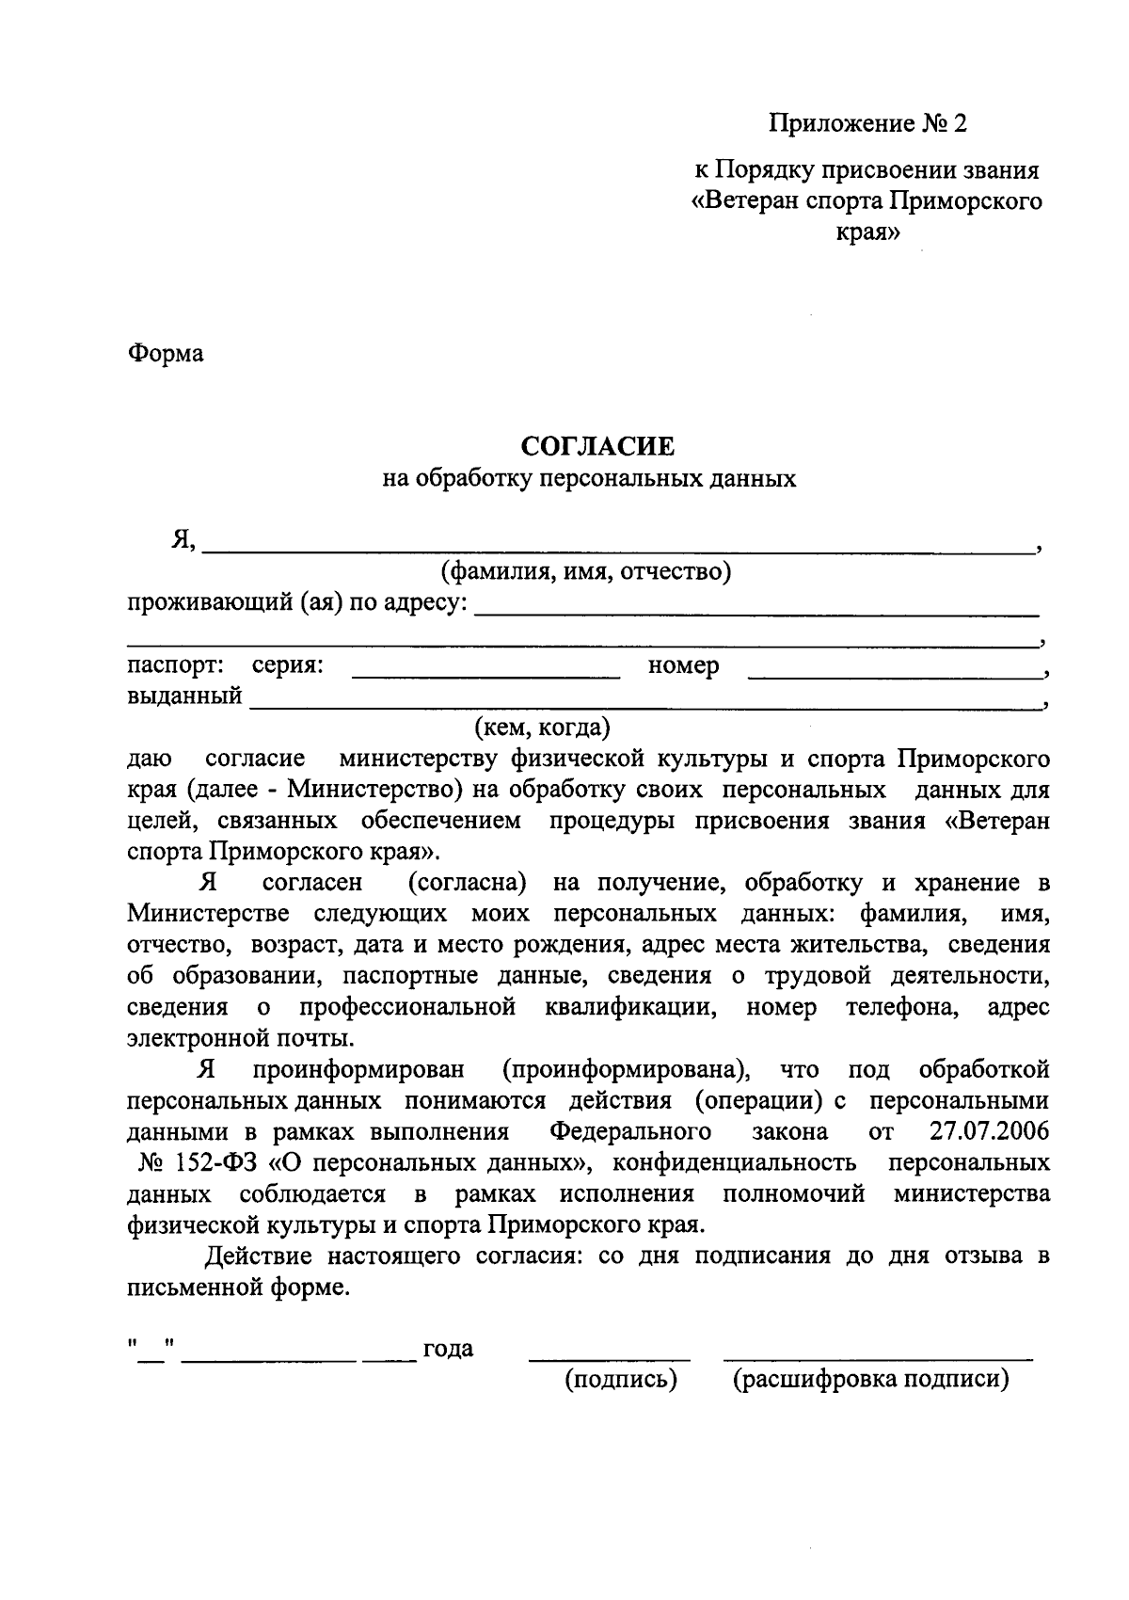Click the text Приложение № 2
point(867,123)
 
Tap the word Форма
point(166,354)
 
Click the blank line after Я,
point(616,547)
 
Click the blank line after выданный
point(644,705)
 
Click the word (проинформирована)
point(627,1070)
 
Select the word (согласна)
point(467,883)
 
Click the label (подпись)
point(621,1381)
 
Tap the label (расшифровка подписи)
point(870,1381)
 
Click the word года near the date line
point(448,1350)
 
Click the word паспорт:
point(175,665)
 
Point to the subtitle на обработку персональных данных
point(589,479)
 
